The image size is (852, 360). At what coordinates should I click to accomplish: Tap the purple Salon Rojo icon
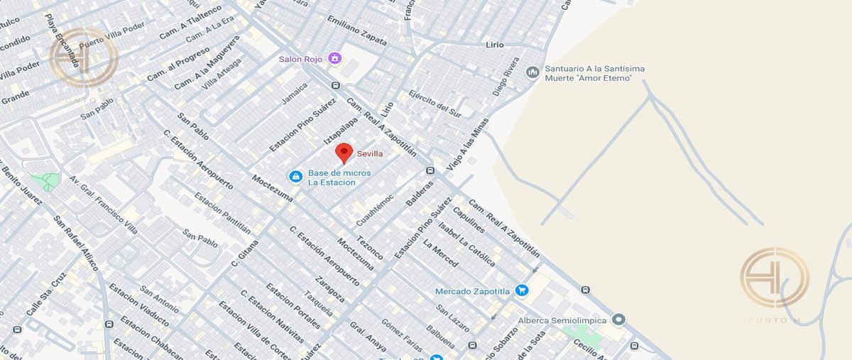(x=336, y=58)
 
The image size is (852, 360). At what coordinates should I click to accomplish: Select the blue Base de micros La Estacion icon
(x=295, y=175)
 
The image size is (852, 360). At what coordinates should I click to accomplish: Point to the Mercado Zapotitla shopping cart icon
(x=522, y=290)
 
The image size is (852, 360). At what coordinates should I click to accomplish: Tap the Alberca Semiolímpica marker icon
(x=618, y=320)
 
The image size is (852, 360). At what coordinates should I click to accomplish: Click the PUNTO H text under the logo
(x=774, y=321)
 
